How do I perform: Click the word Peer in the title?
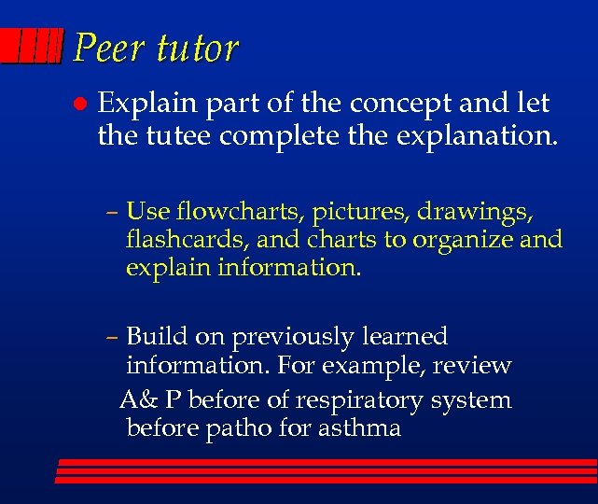(104, 48)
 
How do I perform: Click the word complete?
(271, 138)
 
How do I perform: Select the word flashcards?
(185, 240)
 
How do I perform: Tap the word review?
(475, 365)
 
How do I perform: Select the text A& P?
(150, 400)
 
